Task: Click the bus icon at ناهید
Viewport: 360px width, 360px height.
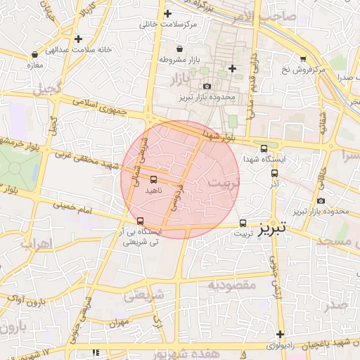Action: tap(153, 179)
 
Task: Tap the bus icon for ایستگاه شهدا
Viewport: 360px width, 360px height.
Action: tap(264, 148)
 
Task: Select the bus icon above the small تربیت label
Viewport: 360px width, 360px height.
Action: tap(243, 219)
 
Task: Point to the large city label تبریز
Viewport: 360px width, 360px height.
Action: tap(271, 229)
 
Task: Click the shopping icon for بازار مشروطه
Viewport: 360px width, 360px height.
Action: tap(181, 49)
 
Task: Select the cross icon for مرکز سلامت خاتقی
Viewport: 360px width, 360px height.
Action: tap(167, 13)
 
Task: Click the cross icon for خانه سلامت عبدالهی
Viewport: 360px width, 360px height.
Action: tap(77, 39)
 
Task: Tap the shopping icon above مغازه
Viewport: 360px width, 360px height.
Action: tap(35, 54)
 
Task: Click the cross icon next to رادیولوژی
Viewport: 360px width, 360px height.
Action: tap(281, 334)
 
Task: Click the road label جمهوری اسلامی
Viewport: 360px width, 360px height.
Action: tap(101, 108)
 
